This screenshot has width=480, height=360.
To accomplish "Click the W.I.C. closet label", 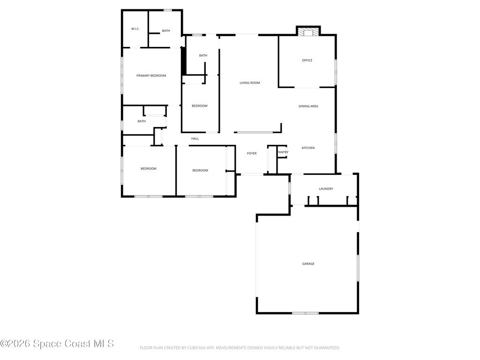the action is click(135, 29).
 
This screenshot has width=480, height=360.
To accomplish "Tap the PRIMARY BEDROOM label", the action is click(151, 75).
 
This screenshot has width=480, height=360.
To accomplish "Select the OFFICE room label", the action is click(307, 60).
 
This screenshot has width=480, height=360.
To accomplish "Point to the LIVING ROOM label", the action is click(250, 82).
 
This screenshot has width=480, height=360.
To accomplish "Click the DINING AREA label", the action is click(308, 106).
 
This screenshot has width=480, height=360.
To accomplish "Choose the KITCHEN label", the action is click(308, 148).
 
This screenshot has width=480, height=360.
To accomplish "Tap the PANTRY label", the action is click(283, 152).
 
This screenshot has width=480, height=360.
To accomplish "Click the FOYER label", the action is click(252, 153).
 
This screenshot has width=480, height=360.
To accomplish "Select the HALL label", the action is click(195, 139).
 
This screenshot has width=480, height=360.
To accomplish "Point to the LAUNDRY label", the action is click(326, 189).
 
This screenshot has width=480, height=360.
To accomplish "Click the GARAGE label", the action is click(308, 263).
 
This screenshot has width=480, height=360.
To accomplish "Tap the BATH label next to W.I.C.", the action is click(166, 30).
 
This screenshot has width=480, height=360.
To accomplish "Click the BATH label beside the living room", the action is click(203, 55).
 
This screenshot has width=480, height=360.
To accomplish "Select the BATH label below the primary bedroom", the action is click(142, 121).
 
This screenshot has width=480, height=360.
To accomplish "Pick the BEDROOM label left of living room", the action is click(200, 106).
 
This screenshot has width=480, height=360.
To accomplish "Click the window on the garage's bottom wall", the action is click(305, 313).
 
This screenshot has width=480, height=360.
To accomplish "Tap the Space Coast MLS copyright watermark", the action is click(57, 344).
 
